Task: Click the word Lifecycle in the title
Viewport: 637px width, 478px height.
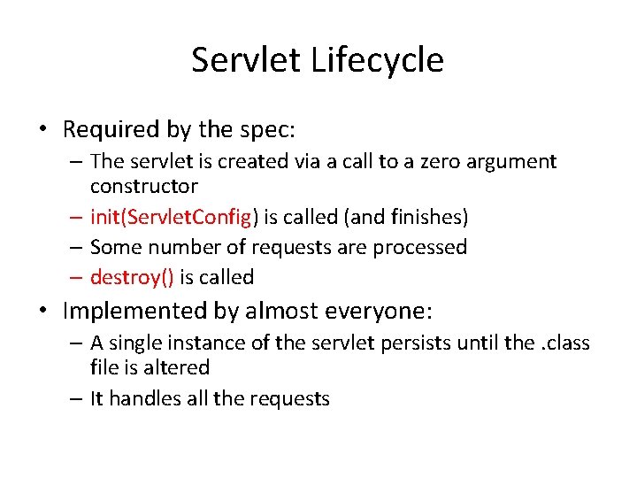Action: (x=379, y=60)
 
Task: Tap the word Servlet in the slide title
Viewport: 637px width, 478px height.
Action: (x=247, y=60)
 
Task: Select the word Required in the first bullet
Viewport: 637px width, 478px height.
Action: (x=111, y=129)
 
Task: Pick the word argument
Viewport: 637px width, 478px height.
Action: (x=512, y=162)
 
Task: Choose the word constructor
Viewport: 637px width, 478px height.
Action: (x=143, y=186)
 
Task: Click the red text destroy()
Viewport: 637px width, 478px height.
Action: (x=132, y=277)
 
